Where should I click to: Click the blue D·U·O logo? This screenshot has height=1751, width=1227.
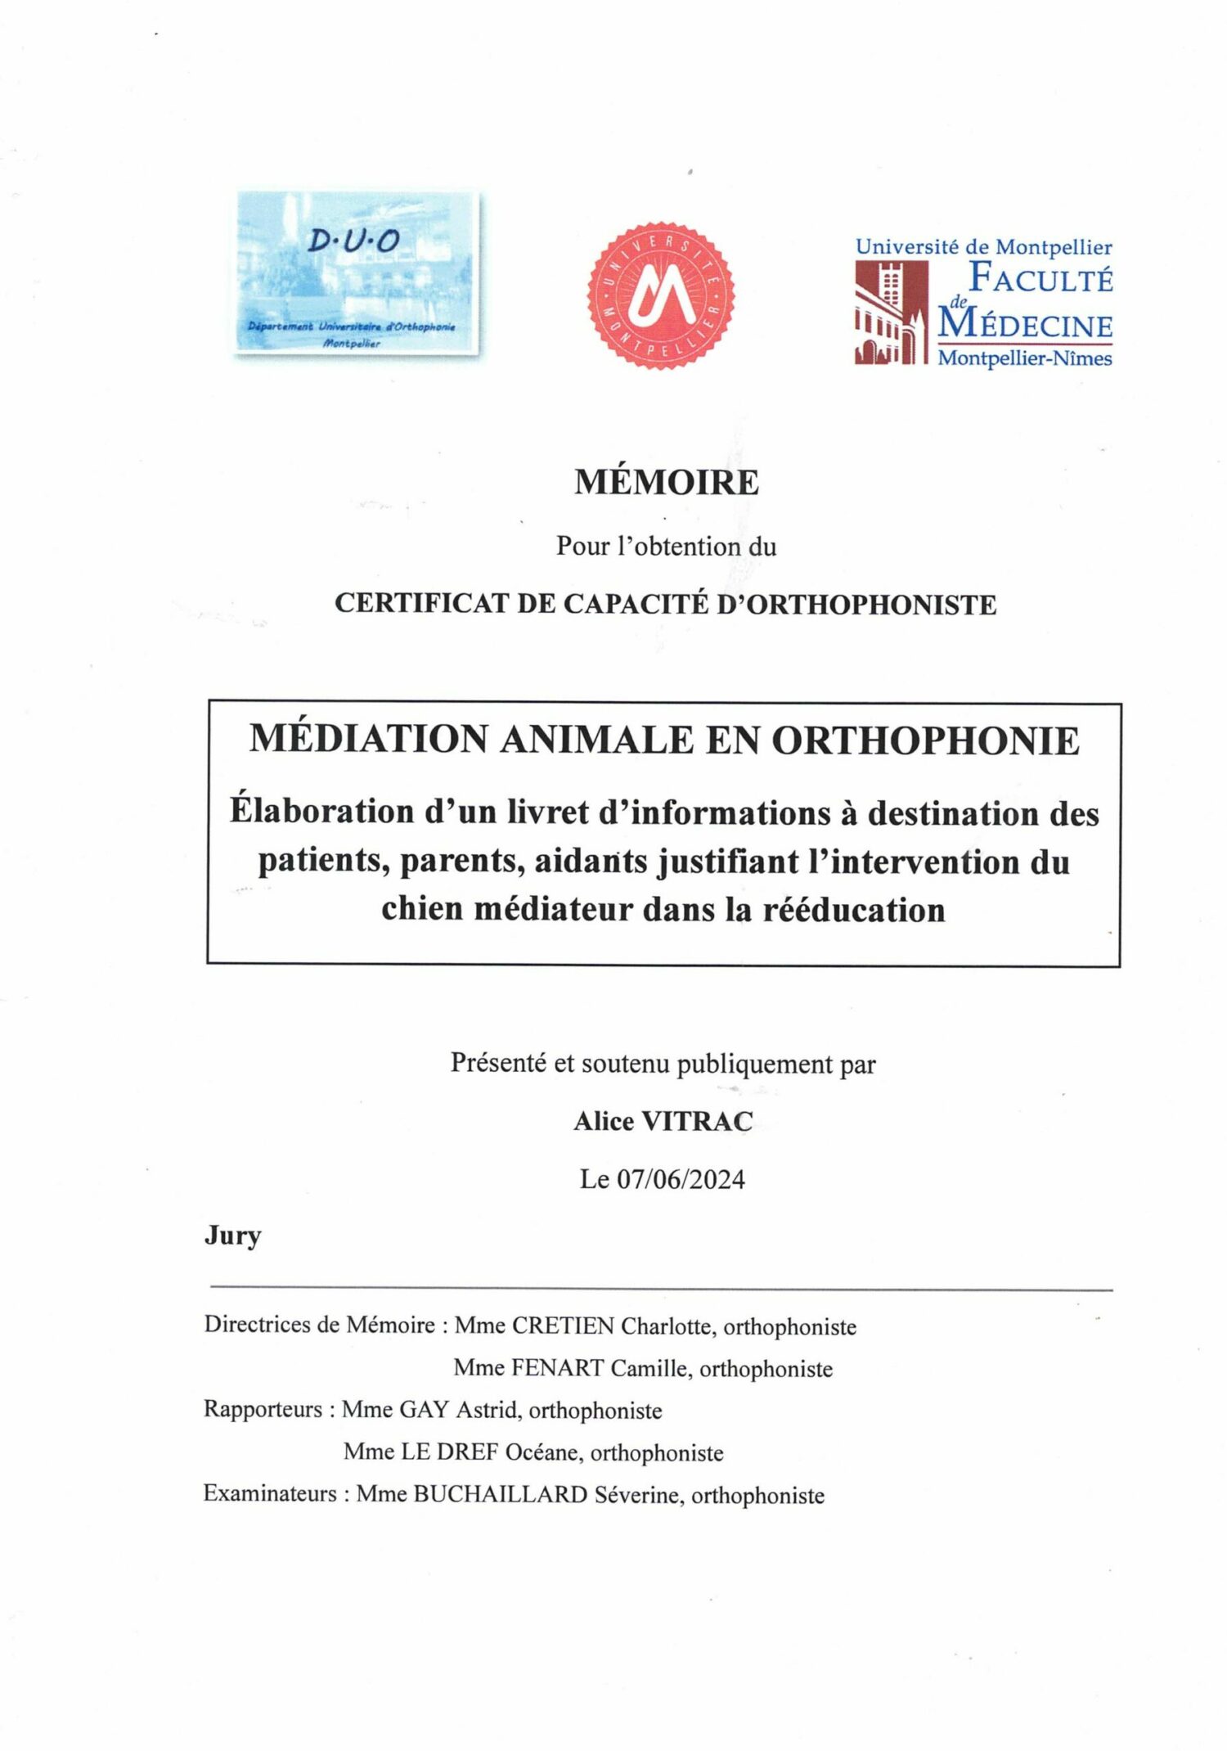357,272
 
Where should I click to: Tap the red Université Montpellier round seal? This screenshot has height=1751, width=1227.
661,295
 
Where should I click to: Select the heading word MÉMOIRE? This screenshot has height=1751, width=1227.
666,482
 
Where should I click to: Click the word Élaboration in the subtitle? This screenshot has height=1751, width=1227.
321,811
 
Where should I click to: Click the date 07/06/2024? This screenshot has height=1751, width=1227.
681,1179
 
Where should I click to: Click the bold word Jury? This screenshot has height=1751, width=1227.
233,1235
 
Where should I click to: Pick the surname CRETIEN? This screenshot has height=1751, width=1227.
563,1326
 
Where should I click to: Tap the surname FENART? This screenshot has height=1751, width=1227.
558,1368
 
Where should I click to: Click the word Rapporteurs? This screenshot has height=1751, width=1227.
263,1410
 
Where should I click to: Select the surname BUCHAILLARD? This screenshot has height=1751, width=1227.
501,1494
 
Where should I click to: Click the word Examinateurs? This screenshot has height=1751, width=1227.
270,1494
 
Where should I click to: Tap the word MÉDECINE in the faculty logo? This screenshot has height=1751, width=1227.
1025,325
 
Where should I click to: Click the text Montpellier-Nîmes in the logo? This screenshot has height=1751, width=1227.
1024,358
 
